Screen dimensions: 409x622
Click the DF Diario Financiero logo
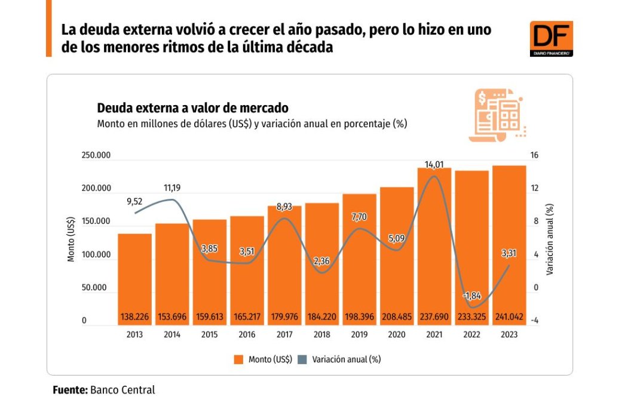551,39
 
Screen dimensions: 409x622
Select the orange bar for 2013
134,269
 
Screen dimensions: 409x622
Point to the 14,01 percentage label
434,164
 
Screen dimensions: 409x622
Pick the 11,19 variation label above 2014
172,188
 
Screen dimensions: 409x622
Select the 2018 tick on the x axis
322,335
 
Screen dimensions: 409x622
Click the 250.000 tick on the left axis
97,155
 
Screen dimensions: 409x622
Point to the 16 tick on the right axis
535,155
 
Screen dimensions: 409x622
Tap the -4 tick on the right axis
534,321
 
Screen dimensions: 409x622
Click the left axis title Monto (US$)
71,238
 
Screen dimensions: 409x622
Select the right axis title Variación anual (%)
550,238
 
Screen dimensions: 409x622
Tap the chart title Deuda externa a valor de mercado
192,108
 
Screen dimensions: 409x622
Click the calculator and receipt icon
497,115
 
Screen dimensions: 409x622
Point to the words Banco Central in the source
122,390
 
